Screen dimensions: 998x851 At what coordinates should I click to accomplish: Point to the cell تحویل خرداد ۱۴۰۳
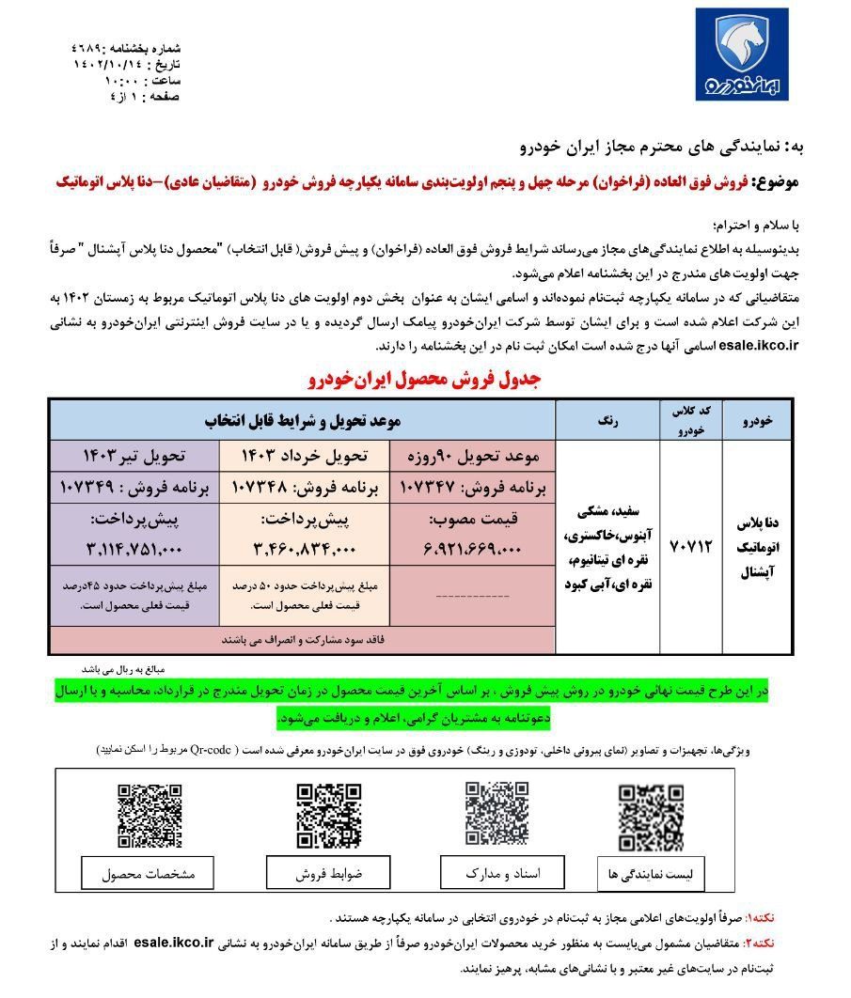304,457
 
